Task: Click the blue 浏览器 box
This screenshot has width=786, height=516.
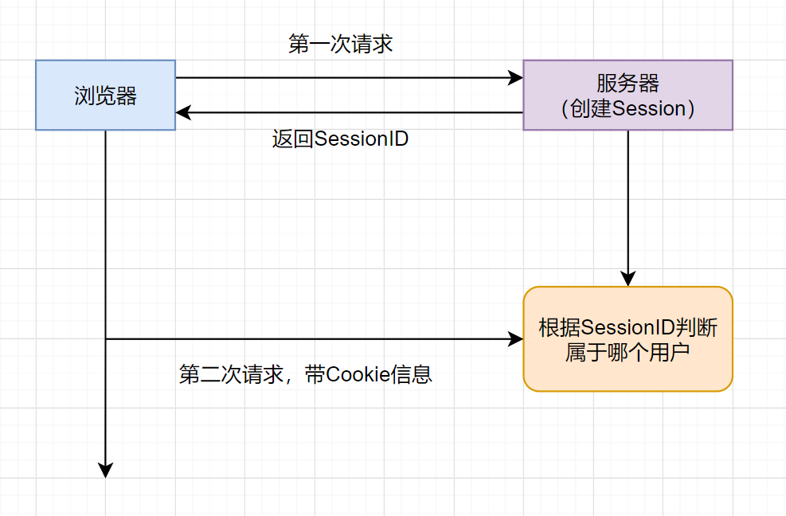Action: click(105, 95)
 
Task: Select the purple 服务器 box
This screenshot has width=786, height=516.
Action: click(628, 95)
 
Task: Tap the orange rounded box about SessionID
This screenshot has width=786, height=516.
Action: click(628, 339)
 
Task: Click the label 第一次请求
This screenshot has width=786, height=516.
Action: click(340, 44)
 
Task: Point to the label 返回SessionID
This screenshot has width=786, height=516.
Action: click(340, 139)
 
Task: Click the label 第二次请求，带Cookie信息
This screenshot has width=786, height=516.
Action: click(306, 374)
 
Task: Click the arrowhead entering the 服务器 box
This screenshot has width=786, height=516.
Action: click(515, 78)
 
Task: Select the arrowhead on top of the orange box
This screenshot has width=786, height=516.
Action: click(628, 279)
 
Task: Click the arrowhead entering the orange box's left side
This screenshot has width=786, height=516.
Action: click(515, 339)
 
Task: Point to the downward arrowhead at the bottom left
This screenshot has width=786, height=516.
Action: click(105, 470)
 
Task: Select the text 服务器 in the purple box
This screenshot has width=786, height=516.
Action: click(628, 84)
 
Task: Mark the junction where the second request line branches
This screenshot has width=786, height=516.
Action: click(105, 339)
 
